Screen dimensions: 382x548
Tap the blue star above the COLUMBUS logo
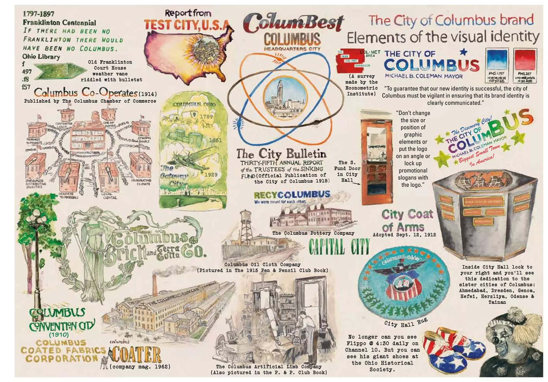[464, 52]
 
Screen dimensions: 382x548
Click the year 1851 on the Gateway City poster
[215, 140]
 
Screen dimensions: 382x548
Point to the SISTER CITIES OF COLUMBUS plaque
[483, 202]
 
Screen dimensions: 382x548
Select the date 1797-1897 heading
[39, 14]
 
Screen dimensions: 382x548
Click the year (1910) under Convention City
[59, 335]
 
